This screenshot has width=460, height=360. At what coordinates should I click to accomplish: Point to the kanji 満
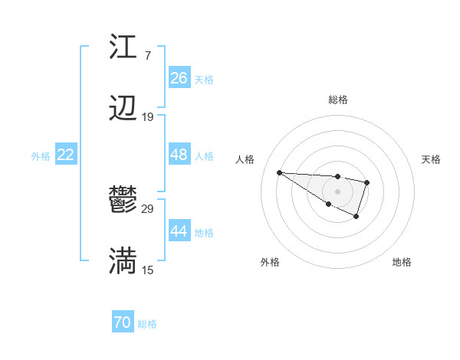pyautogui.click(x=123, y=262)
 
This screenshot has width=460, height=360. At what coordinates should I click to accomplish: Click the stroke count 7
pyautogui.click(x=148, y=55)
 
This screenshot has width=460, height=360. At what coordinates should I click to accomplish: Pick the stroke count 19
pyautogui.click(x=148, y=117)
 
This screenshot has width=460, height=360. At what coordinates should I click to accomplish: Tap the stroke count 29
pyautogui.click(x=148, y=208)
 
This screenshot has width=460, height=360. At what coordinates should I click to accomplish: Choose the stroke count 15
pyautogui.click(x=148, y=270)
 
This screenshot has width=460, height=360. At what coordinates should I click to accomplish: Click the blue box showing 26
pyautogui.click(x=179, y=78)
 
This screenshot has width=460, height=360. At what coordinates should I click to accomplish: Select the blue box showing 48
pyautogui.click(x=179, y=155)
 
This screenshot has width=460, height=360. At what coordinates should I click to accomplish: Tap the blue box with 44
pyautogui.click(x=179, y=231)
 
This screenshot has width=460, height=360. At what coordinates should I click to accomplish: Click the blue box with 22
pyautogui.click(x=65, y=155)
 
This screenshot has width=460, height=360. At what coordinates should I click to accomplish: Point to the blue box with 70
pyautogui.click(x=122, y=323)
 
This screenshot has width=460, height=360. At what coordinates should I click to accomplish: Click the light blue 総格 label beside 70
pyautogui.click(x=147, y=324)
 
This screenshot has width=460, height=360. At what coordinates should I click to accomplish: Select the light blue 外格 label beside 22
pyautogui.click(x=41, y=155)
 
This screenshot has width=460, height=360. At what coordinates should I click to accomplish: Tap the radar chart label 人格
pyautogui.click(x=245, y=159)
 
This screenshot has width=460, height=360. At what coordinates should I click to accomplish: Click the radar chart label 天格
pyautogui.click(x=431, y=159)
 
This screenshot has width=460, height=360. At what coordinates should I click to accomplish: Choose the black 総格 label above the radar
pyautogui.click(x=338, y=100)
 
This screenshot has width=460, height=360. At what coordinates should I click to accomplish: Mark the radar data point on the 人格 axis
pyautogui.click(x=279, y=172)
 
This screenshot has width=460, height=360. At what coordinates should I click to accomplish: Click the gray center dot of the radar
pyautogui.click(x=337, y=191)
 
